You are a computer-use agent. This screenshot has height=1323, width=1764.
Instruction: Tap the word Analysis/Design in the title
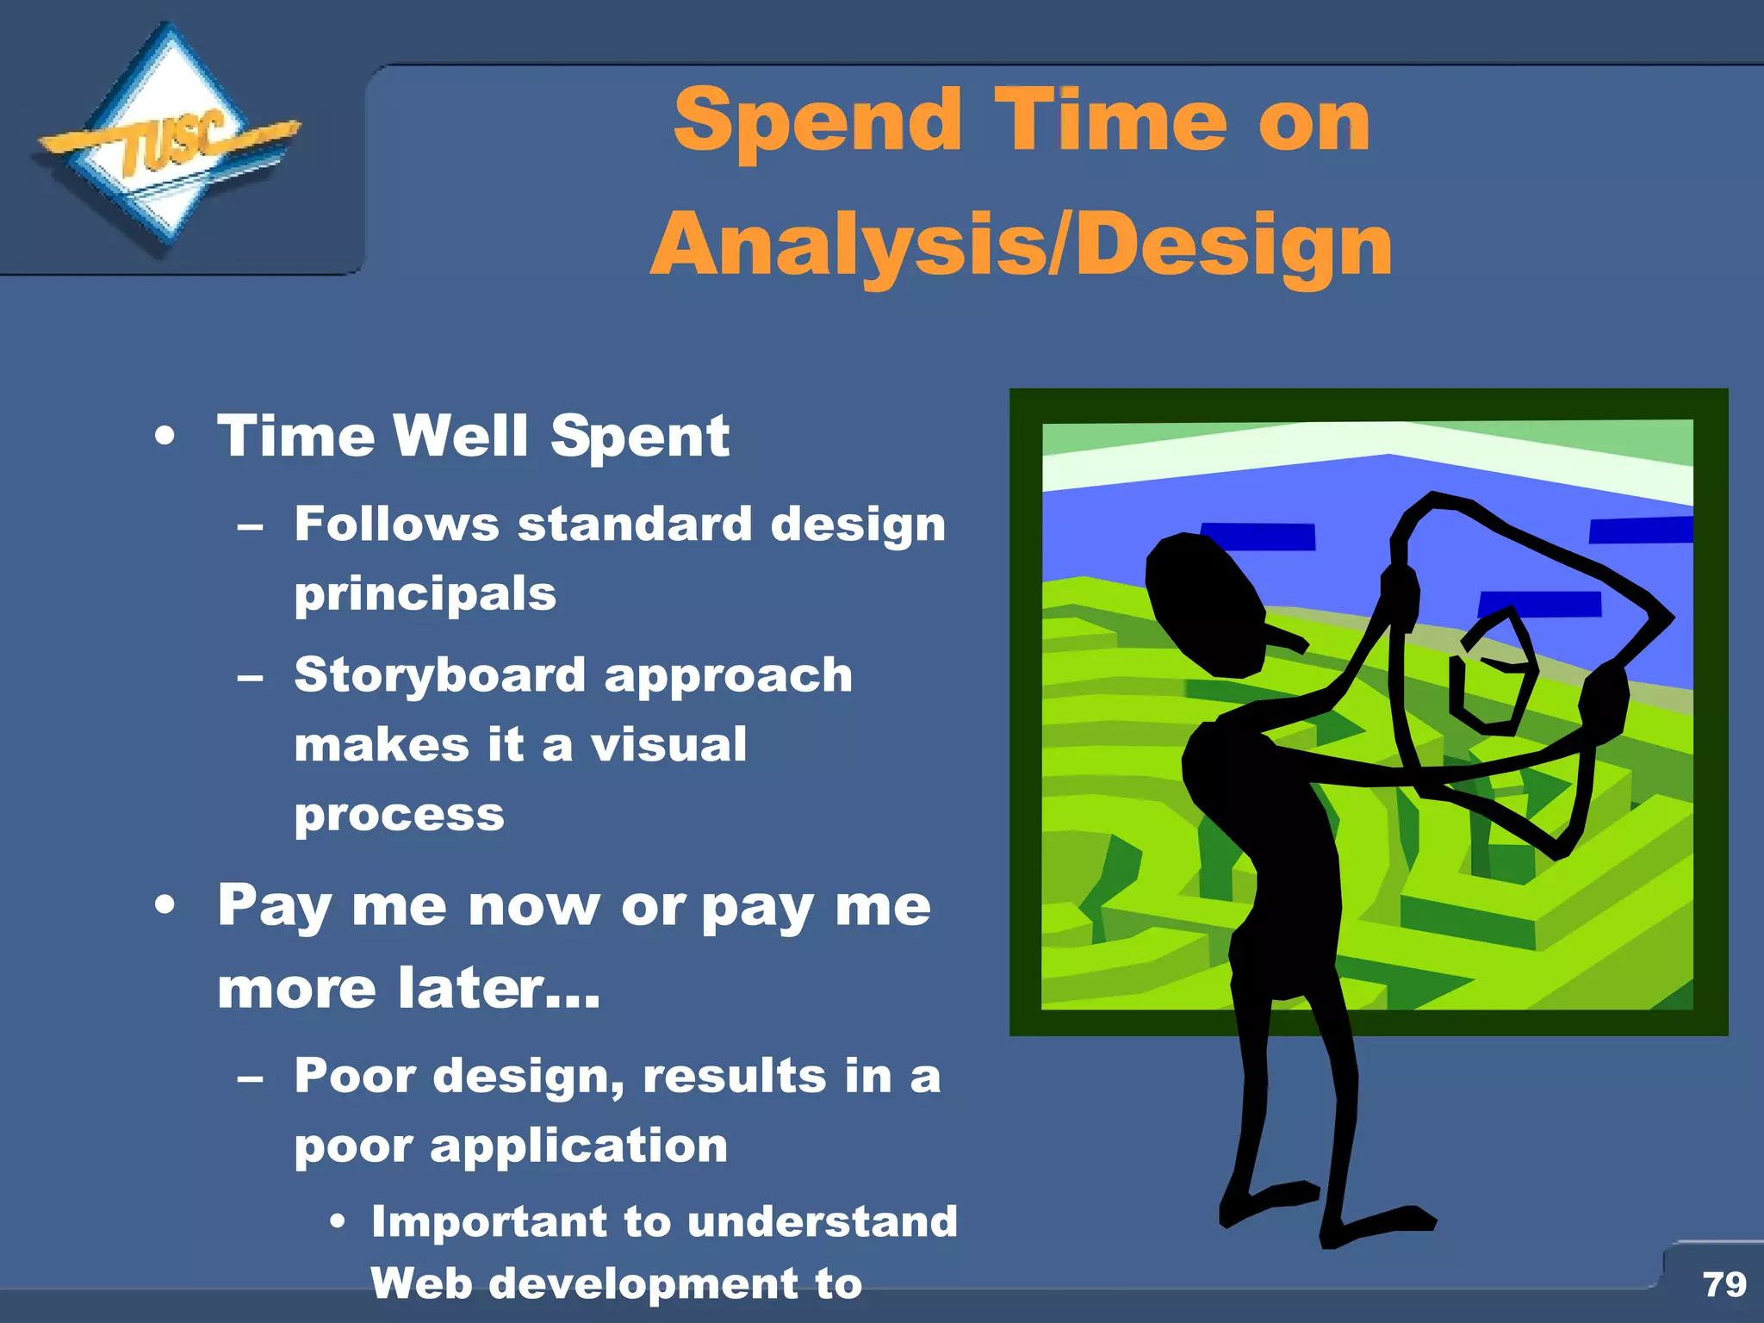(1021, 246)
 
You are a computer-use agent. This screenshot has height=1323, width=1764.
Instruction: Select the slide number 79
(1724, 1284)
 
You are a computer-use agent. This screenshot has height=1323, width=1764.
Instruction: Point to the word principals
(425, 594)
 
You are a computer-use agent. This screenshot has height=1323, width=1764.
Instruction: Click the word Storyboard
(439, 674)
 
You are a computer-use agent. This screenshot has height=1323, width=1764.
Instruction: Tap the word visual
(668, 744)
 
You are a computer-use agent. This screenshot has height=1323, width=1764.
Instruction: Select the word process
(400, 815)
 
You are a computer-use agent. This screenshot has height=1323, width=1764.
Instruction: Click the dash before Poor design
(250, 1078)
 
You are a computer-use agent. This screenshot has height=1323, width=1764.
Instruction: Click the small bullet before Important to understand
(338, 1221)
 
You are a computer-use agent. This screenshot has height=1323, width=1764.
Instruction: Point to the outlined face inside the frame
(1494, 676)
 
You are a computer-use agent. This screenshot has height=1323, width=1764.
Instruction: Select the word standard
(635, 525)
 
